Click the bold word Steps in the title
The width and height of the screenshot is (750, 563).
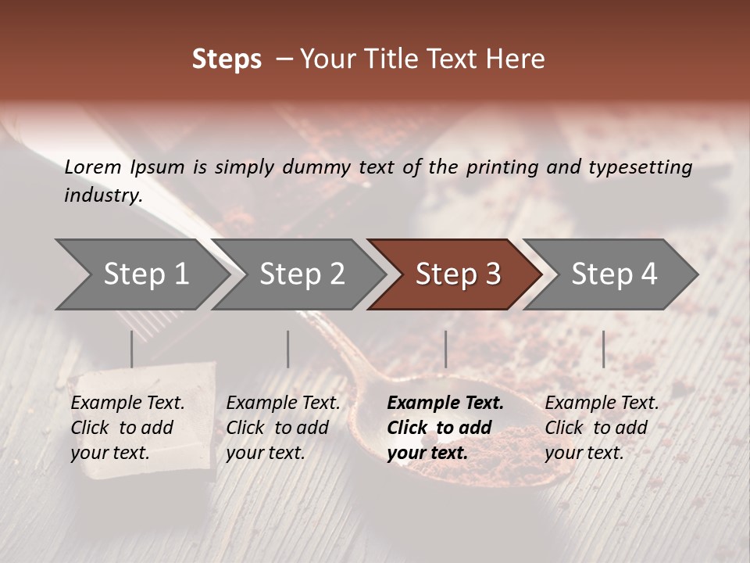(x=227, y=59)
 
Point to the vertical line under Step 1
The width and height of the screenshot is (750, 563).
(x=131, y=349)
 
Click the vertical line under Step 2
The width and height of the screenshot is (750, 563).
(x=287, y=349)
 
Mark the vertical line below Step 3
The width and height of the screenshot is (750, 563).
(x=445, y=349)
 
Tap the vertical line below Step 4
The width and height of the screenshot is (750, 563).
(x=603, y=349)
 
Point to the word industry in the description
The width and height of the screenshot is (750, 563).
(x=102, y=195)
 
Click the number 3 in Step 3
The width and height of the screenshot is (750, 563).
(x=492, y=274)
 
